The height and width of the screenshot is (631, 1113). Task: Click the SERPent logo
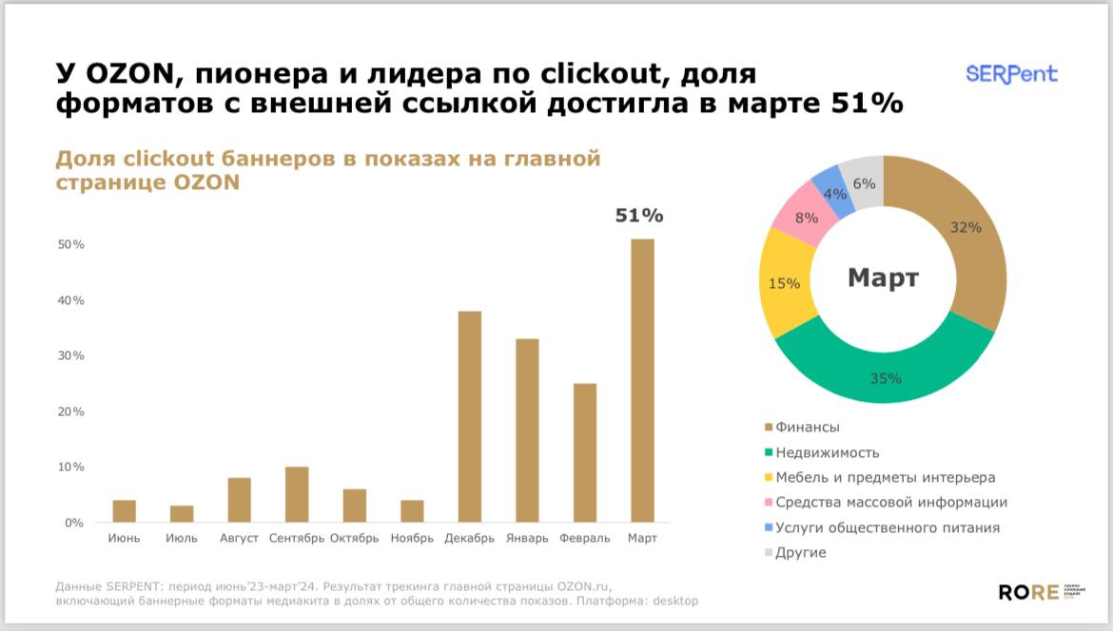[x=1011, y=74]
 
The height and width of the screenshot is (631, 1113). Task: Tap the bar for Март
[x=642, y=380]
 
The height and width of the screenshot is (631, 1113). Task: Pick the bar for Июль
[x=182, y=513]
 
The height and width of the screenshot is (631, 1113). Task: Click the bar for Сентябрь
[x=297, y=494]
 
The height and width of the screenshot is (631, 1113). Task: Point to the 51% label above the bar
[x=639, y=216]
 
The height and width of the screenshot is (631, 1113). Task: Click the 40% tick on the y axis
[x=72, y=300]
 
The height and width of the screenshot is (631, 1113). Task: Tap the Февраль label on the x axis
[x=585, y=539]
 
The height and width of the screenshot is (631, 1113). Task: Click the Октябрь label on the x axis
[x=354, y=539]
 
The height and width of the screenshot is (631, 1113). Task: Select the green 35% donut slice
[x=885, y=366]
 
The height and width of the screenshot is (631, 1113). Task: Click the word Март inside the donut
[x=883, y=278]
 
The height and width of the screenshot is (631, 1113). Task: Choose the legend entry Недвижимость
[x=827, y=452]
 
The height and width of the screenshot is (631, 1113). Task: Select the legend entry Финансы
[x=807, y=428]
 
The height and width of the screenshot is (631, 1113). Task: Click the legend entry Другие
[x=800, y=552]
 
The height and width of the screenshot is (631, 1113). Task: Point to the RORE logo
[x=1028, y=592]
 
